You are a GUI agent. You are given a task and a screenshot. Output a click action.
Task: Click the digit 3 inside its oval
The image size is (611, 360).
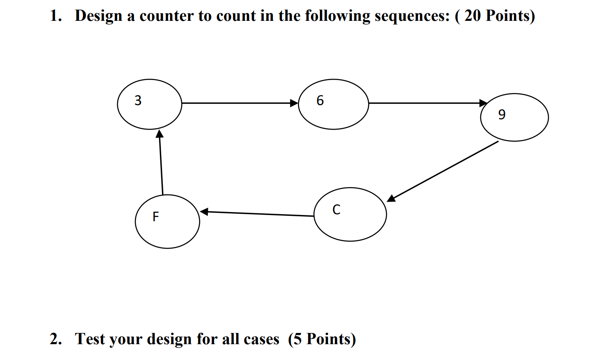pyautogui.click(x=138, y=100)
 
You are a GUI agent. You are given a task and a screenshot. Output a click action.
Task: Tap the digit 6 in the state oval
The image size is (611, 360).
pyautogui.click(x=320, y=100)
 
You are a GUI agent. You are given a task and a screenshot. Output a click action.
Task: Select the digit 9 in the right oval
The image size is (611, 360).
pyautogui.click(x=502, y=114)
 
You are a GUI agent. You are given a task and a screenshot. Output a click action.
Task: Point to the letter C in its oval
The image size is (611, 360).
pyautogui.click(x=337, y=210)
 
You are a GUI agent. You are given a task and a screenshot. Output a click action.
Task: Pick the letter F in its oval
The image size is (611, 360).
pyautogui.click(x=156, y=217)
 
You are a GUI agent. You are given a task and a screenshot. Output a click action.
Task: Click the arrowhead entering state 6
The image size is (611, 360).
pyautogui.click(x=294, y=103)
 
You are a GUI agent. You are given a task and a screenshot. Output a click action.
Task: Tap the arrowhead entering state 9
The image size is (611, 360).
pyautogui.click(x=483, y=103)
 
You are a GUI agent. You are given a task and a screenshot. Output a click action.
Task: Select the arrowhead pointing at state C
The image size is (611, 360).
pyautogui.click(x=391, y=198)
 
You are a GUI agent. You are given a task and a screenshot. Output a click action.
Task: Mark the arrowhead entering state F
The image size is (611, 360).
pyautogui.click(x=204, y=212)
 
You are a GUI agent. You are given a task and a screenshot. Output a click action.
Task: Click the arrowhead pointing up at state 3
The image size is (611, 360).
pyautogui.click(x=159, y=134)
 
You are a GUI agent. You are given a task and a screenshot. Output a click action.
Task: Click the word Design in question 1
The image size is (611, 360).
pyautogui.click(x=99, y=16)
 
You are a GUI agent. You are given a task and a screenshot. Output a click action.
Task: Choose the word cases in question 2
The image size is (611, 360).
pyautogui.click(x=261, y=340)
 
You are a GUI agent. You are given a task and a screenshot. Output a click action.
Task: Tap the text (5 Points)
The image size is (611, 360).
pyautogui.click(x=322, y=339)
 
